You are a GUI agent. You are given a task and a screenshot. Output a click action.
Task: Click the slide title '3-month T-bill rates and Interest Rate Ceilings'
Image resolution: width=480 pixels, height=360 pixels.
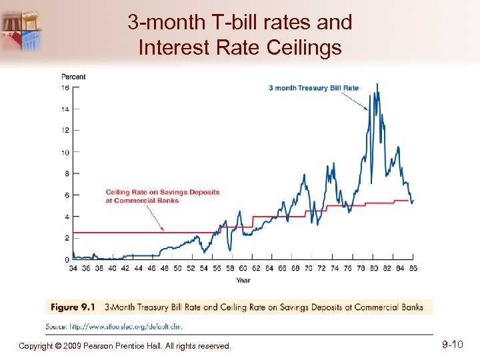tap(240, 35)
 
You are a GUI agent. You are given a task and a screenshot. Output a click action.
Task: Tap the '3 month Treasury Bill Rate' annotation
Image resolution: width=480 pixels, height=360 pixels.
tap(313, 87)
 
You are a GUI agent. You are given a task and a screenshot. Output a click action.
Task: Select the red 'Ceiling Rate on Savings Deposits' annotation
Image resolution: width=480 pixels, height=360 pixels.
tap(162, 196)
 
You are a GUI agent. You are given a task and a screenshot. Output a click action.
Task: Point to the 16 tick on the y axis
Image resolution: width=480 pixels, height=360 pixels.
tap(66, 88)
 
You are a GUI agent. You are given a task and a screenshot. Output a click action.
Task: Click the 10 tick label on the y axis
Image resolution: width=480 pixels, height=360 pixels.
tap(66, 153)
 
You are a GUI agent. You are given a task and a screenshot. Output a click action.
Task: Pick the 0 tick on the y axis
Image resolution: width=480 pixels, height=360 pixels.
tap(67, 259)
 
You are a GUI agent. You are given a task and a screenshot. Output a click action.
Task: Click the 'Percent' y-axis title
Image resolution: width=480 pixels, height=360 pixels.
tap(73, 77)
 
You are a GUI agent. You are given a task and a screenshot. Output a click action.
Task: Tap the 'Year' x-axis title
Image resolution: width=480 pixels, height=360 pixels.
tap(243, 280)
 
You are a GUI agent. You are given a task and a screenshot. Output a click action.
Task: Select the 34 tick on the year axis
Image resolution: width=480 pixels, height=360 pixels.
tap(73, 269)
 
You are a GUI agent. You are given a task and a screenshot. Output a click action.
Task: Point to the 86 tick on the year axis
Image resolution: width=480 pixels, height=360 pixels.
tap(413, 269)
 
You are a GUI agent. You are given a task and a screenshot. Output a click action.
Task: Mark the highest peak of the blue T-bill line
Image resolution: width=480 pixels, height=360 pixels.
tap(377, 84)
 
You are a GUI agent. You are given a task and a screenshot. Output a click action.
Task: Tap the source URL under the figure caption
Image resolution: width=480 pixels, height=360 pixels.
tap(125, 327)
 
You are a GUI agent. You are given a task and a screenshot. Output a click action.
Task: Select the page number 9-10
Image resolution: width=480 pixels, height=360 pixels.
tap(453, 345)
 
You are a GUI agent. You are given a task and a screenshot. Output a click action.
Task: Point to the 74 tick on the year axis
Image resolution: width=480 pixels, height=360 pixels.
tap(334, 269)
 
